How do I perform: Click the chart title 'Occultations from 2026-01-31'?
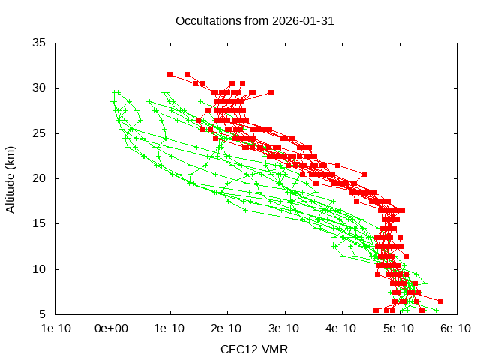(254, 20)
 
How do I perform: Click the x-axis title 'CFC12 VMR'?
(254, 349)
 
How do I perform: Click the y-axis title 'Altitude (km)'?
(11, 178)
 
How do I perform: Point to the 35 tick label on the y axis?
(40, 43)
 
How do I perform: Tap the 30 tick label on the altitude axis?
(40, 88)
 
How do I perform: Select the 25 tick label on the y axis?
(40, 133)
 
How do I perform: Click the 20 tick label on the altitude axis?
(40, 178)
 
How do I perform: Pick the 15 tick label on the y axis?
(40, 223)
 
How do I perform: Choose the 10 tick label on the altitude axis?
(40, 268)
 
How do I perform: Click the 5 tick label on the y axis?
(43, 313)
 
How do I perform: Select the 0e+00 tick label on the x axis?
(113, 328)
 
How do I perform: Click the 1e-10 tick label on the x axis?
(170, 328)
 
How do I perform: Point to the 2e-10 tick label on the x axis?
(227, 328)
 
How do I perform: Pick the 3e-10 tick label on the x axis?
(284, 328)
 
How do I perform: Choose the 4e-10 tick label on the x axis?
(341, 328)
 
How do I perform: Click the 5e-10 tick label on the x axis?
(398, 328)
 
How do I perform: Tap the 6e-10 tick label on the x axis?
(455, 328)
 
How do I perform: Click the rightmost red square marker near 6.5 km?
(440, 301)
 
